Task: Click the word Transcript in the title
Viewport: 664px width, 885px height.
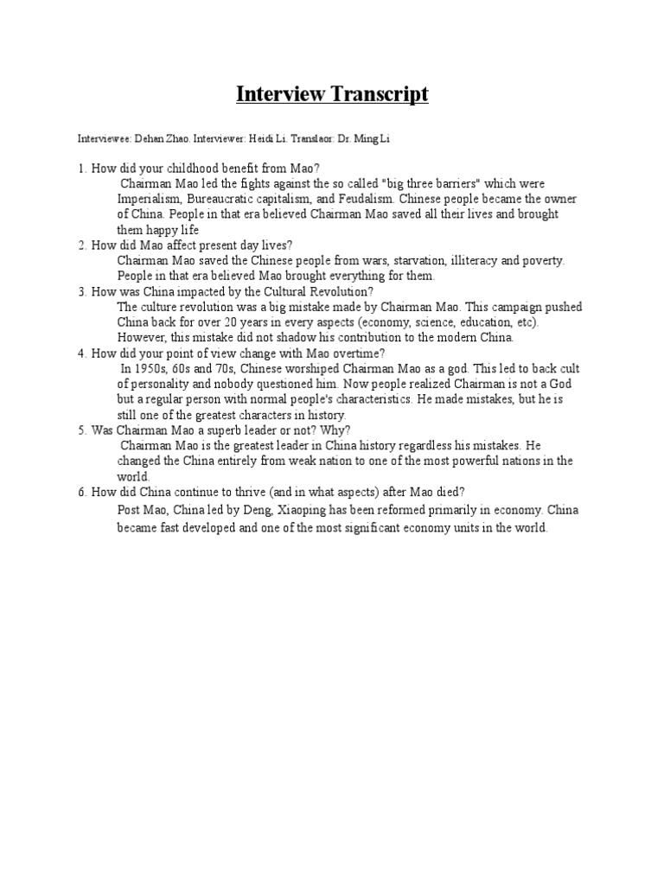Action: click(x=378, y=94)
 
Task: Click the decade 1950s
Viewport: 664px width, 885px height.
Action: click(x=151, y=368)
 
